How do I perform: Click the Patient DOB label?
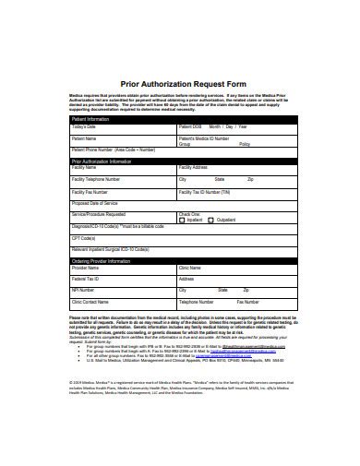coord(192,126)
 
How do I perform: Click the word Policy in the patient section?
coord(244,145)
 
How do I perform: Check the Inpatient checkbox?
coord(184,220)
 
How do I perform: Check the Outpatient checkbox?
coord(210,220)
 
